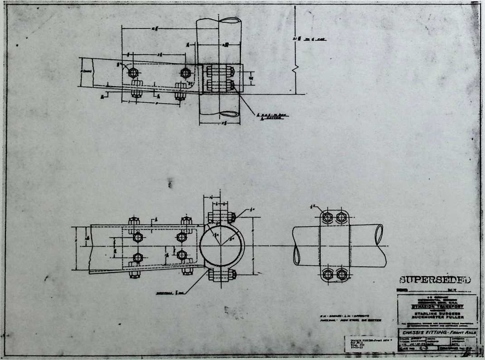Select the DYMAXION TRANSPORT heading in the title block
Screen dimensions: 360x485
click(x=437, y=306)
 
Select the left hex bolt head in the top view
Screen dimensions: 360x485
click(x=133, y=72)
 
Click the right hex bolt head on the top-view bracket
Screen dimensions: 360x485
click(x=185, y=72)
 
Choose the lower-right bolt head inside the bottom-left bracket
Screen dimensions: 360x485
click(x=182, y=255)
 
